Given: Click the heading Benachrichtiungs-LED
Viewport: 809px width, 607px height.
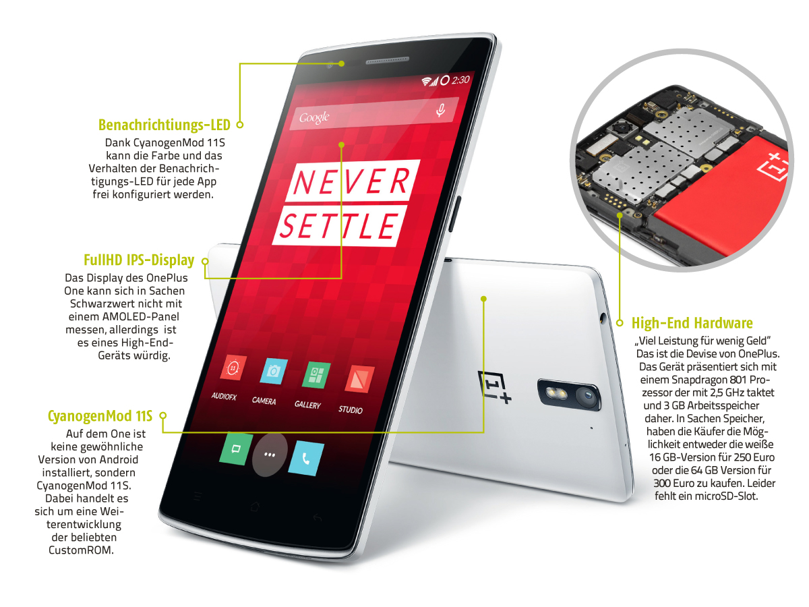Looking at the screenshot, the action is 164,125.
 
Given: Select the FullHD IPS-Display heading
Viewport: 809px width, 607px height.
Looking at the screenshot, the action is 139,260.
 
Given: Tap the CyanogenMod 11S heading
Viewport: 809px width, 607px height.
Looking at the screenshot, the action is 100,415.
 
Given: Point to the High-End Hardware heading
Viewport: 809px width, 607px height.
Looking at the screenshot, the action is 692,323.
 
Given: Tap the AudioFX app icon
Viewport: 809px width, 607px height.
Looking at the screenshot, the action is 233,368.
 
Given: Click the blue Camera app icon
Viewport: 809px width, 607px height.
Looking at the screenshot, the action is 274,371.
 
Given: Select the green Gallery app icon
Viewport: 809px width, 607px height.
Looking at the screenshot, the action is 317,375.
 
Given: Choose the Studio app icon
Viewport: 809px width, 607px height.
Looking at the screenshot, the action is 359,379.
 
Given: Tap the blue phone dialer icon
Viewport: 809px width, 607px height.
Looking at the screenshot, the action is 306,458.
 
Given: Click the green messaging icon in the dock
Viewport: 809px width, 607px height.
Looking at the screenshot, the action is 236,449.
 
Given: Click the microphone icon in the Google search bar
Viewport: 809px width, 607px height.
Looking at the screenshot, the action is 440,110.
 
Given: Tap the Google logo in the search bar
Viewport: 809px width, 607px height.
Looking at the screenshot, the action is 314,117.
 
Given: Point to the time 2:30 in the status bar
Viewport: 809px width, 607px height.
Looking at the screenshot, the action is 460,80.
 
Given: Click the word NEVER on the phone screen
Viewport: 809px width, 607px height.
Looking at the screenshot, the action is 352,181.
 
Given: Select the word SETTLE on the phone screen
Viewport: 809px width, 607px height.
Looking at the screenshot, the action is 340,225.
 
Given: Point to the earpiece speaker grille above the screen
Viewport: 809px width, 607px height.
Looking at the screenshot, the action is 388,60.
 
